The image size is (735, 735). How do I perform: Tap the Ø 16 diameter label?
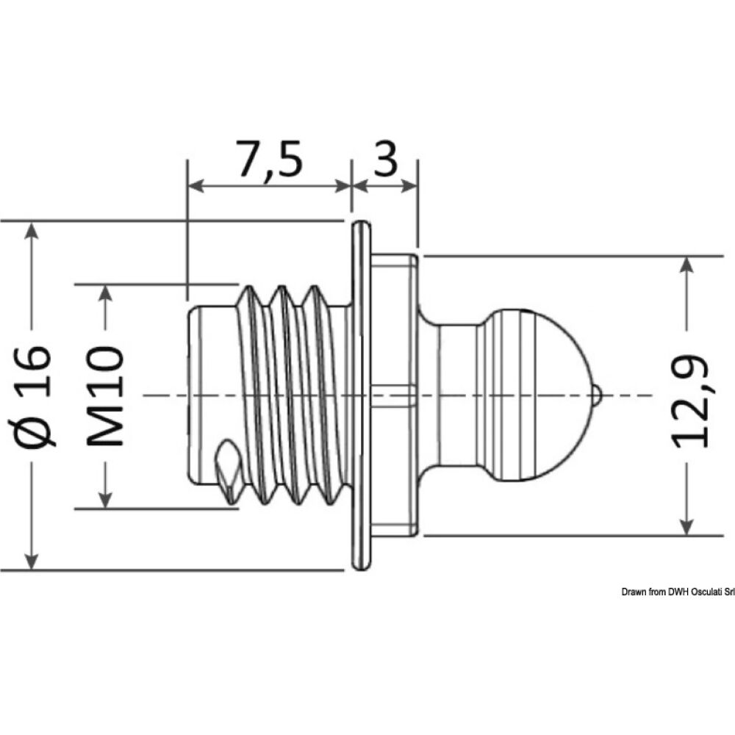click(35, 394)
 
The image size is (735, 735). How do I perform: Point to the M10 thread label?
click(104, 395)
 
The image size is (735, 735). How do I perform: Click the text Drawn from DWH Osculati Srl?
click(677, 592)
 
